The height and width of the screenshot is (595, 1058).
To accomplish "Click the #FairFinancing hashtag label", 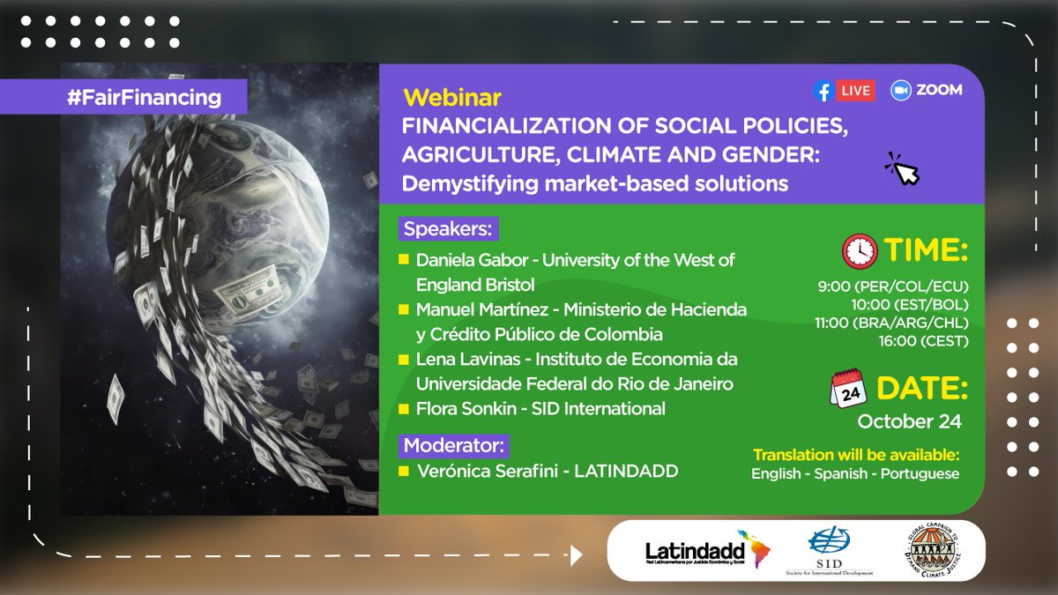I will coord(144,97).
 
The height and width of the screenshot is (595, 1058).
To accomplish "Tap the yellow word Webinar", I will coord(440,93).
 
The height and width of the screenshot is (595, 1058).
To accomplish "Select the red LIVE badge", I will coord(855,90).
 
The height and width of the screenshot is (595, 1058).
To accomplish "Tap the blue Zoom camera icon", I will coord(900,90).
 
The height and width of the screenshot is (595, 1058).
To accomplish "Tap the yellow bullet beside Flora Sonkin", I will coord(403,409).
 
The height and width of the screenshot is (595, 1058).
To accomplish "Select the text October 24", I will coord(909,421).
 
